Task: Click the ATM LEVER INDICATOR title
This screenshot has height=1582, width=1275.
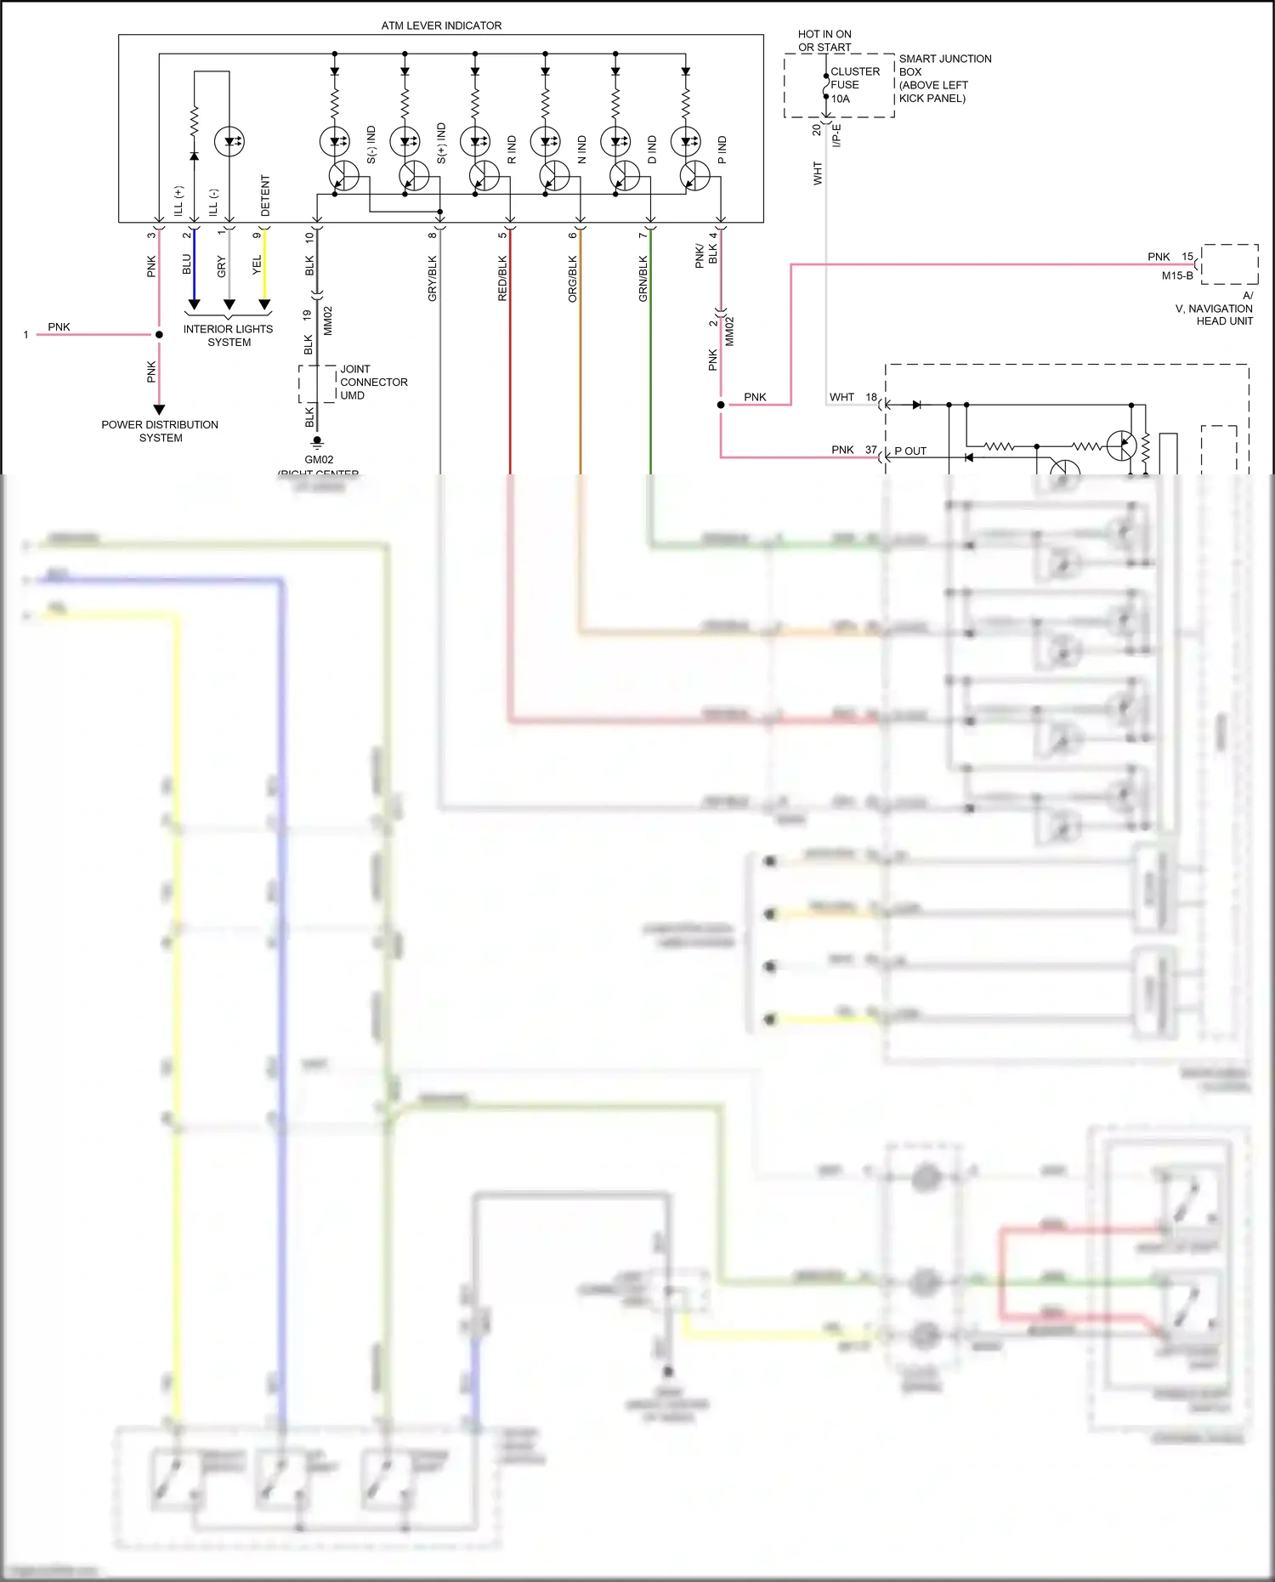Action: pyautogui.click(x=441, y=26)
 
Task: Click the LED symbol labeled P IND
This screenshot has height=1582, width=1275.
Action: pyautogui.click(x=685, y=141)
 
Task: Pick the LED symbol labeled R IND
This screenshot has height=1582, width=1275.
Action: pyautogui.click(x=474, y=141)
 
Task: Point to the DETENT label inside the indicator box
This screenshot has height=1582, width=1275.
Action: pyautogui.click(x=265, y=196)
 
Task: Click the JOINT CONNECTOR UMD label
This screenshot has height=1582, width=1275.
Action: pyautogui.click(x=372, y=383)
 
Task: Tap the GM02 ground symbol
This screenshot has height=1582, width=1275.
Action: pyautogui.click(x=317, y=442)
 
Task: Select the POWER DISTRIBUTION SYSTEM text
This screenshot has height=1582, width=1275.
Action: pyautogui.click(x=160, y=431)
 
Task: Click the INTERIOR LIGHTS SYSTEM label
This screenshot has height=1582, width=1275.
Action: pyautogui.click(x=229, y=335)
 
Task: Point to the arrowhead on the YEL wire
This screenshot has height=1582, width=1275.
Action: pyautogui.click(x=264, y=304)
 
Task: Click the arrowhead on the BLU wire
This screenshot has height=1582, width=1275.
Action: pyautogui.click(x=194, y=304)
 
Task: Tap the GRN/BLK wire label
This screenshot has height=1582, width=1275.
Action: pyautogui.click(x=643, y=279)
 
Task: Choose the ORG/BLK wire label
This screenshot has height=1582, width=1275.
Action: pyautogui.click(x=572, y=279)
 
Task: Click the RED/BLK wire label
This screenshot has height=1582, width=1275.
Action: pyautogui.click(x=501, y=279)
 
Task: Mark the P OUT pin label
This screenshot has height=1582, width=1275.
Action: pyautogui.click(x=910, y=451)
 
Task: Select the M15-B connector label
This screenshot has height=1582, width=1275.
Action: pyautogui.click(x=1177, y=275)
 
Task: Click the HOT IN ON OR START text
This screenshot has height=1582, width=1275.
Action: pyautogui.click(x=824, y=41)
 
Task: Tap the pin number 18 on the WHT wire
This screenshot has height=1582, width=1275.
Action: pyautogui.click(x=871, y=397)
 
